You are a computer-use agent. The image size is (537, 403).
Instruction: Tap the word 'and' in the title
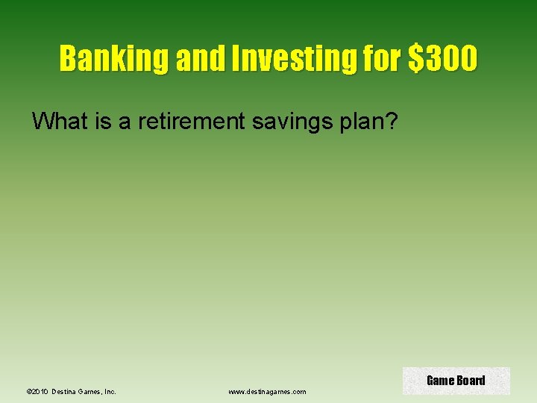[198, 58]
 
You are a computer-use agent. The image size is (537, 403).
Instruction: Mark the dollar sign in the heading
[416, 58]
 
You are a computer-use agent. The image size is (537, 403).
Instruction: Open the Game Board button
[456, 381]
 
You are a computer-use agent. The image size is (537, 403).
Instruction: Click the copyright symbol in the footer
[28, 391]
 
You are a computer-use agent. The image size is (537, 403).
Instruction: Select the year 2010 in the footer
[40, 391]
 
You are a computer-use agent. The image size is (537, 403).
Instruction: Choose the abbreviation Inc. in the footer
[109, 391]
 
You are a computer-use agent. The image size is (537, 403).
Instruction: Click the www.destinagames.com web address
[267, 391]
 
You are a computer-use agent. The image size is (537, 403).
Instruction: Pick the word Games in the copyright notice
[89, 391]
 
